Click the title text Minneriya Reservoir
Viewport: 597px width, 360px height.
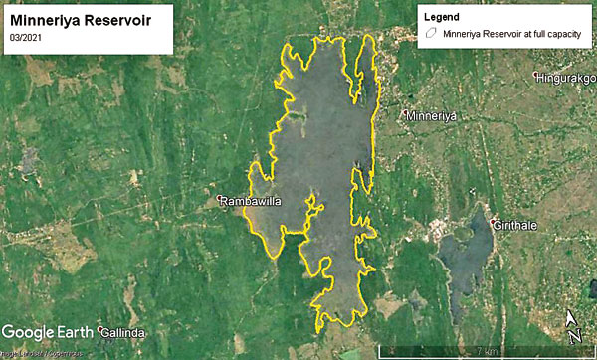(80, 19)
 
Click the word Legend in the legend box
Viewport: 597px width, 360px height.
(443, 17)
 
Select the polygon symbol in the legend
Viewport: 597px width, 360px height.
(431, 32)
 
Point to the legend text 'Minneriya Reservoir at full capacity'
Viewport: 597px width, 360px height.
(507, 32)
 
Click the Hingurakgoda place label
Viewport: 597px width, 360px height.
(568, 78)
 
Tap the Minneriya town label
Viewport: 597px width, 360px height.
(431, 117)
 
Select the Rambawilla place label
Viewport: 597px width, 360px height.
(251, 201)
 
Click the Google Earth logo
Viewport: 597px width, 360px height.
(47, 331)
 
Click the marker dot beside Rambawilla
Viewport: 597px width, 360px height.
(221, 201)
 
